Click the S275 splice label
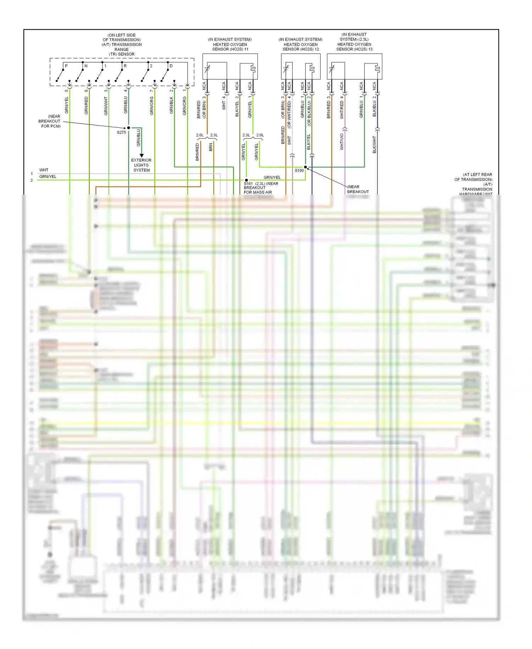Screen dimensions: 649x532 [121, 132]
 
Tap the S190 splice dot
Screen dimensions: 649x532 [305, 167]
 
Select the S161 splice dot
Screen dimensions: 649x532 [246, 180]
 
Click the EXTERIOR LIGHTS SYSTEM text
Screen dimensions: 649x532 [141, 165]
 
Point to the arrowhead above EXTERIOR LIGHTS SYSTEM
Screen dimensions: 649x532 [142, 156]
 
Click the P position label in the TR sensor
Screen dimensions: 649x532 [66, 66]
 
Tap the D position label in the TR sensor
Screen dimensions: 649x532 [171, 66]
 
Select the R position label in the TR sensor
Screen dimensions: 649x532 [125, 66]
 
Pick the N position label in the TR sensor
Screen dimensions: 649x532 [86, 66]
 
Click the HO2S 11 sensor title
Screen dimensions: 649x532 [230, 44]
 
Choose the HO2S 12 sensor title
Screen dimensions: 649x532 [300, 44]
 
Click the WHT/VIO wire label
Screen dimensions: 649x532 [342, 142]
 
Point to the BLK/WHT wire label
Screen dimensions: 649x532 [375, 145]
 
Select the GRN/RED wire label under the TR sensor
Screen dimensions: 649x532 [86, 105]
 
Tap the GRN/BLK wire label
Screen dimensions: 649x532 [171, 105]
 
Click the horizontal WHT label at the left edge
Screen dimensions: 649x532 [44, 170]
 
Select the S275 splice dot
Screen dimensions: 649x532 [128, 128]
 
